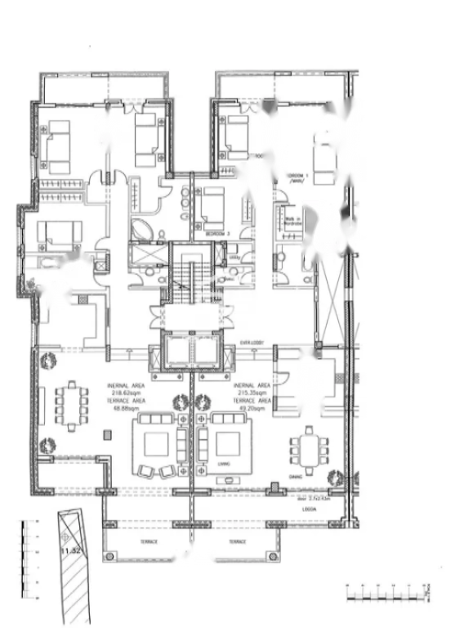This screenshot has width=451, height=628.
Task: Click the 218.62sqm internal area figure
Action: [x=127, y=392]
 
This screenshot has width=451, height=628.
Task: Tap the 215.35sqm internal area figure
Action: [x=253, y=392]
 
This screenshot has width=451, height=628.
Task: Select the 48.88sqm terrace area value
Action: [x=127, y=407]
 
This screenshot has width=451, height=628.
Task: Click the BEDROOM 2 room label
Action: [x=217, y=234]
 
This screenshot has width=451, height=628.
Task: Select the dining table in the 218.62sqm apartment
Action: [x=70, y=404]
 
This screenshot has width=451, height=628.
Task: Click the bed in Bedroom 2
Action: [x=212, y=207]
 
